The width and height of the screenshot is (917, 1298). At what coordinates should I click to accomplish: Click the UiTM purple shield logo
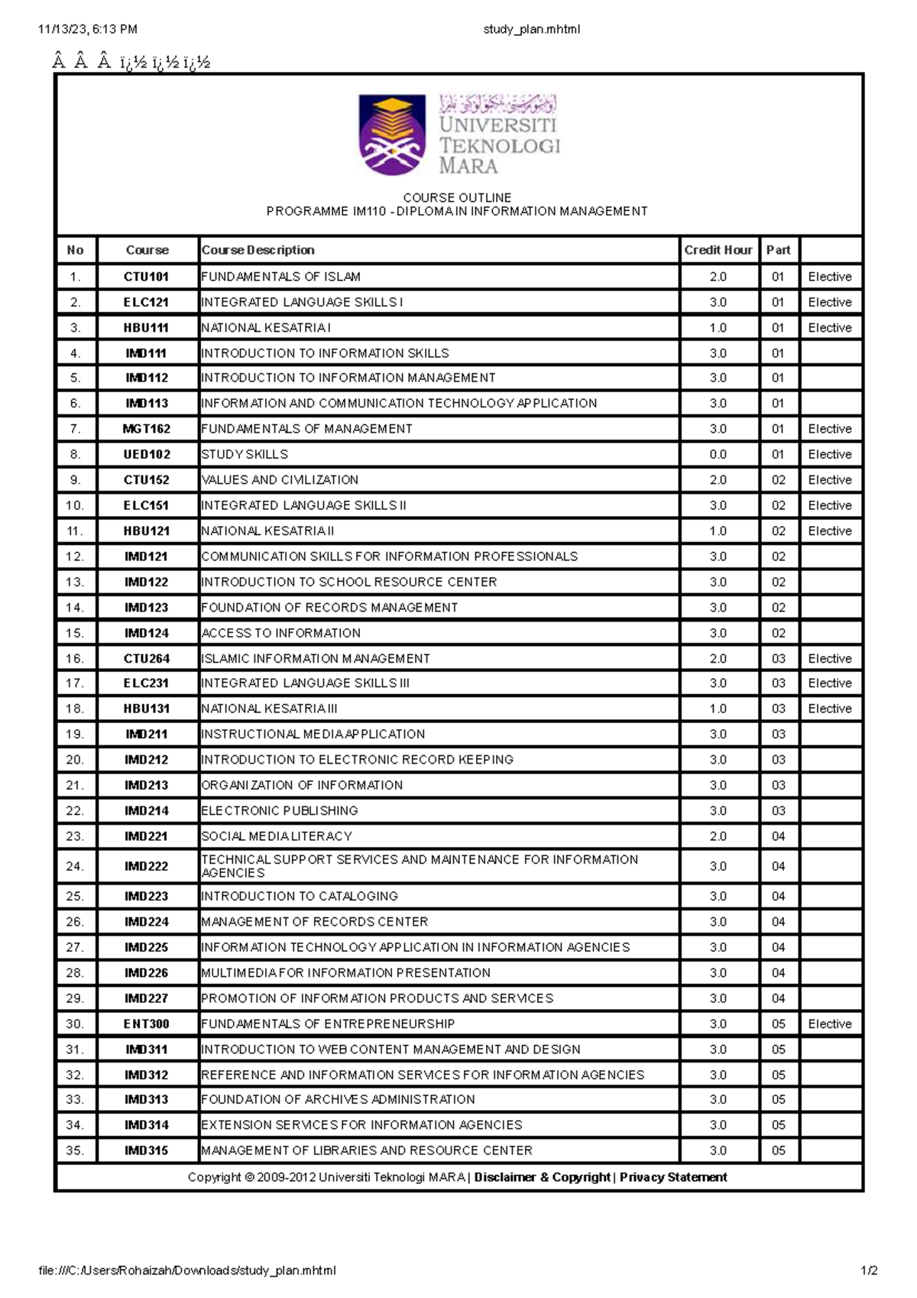coord(392,135)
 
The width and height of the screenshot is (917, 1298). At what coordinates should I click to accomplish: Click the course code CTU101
coord(146,277)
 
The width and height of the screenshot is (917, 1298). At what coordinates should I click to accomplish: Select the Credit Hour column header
coord(718,250)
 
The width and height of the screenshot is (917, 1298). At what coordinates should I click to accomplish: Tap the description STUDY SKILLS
coord(245,454)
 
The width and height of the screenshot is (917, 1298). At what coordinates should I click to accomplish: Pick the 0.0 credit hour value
coord(718,454)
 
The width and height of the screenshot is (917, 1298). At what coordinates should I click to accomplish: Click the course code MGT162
coord(146,429)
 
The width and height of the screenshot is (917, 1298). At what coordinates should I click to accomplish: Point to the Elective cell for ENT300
coord(830,1024)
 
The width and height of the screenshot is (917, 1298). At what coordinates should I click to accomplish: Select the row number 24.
coord(75,866)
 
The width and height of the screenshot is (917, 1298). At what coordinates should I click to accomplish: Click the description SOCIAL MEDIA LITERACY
coord(277,836)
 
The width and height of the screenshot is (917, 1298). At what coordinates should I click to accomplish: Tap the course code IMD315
coord(146,1150)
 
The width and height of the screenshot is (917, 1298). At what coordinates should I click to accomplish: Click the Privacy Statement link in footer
coord(673,1177)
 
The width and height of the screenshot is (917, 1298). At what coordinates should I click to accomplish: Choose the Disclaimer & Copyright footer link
coord(542,1177)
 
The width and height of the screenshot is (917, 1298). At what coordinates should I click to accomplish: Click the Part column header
coord(778,250)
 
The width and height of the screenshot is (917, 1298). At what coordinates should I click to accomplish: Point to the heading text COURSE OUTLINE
coord(457,197)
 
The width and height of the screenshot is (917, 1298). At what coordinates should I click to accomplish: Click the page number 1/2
coord(869,1270)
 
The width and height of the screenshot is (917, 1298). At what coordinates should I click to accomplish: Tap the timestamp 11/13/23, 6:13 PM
coord(87,30)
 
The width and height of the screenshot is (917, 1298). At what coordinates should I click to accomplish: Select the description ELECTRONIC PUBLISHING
coord(280,810)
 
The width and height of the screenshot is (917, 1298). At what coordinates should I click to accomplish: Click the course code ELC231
coord(146,683)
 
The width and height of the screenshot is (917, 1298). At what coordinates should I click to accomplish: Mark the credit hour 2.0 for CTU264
coord(718,658)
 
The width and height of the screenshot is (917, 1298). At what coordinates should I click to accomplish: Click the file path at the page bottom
coord(187,1270)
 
